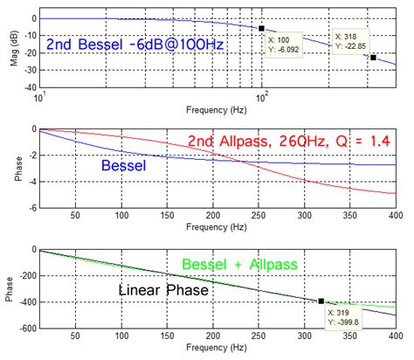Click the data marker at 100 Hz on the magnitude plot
click(x=261, y=28)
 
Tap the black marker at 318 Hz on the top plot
click(x=373, y=58)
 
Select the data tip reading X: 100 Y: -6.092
click(x=284, y=44)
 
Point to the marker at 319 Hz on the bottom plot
click(x=321, y=301)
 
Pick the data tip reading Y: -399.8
click(x=345, y=316)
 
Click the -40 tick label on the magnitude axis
click(x=27, y=88)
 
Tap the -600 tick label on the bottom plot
click(x=24, y=329)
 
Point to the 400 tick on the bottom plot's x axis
click(x=395, y=336)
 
